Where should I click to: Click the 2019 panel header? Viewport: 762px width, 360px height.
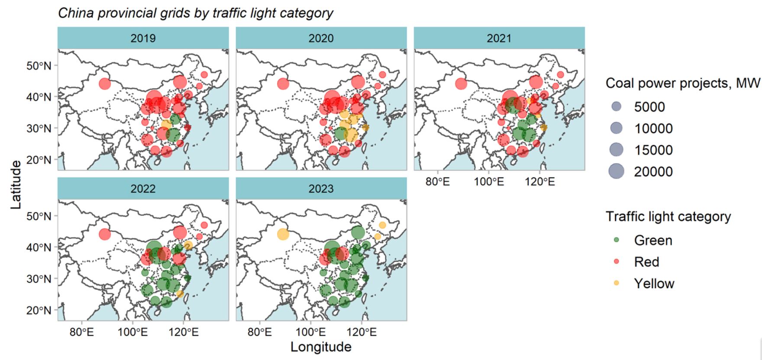(x=143, y=38)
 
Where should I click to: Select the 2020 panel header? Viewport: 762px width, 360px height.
(x=321, y=38)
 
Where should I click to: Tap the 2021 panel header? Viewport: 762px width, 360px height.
(x=499, y=38)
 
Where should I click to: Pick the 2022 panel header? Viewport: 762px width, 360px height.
(x=143, y=189)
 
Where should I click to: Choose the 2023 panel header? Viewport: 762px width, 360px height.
(x=321, y=189)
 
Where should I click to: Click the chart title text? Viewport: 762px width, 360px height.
(x=196, y=13)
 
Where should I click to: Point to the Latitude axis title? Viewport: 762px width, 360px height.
(x=16, y=185)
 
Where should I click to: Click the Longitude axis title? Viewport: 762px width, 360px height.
(x=321, y=347)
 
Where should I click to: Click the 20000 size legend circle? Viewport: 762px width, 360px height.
(x=617, y=171)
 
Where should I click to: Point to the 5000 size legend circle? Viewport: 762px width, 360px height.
(x=617, y=107)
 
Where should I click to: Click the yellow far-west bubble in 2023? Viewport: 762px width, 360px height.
(x=283, y=234)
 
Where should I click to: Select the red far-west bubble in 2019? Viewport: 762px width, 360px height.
(x=105, y=84)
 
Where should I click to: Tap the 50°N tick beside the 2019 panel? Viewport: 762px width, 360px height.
(x=39, y=66)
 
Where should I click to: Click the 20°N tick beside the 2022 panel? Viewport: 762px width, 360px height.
(x=39, y=310)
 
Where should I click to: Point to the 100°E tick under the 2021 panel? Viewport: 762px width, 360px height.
(x=489, y=182)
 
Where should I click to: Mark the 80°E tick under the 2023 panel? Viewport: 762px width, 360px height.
(x=260, y=332)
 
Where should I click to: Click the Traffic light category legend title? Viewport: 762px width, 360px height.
(x=668, y=216)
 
